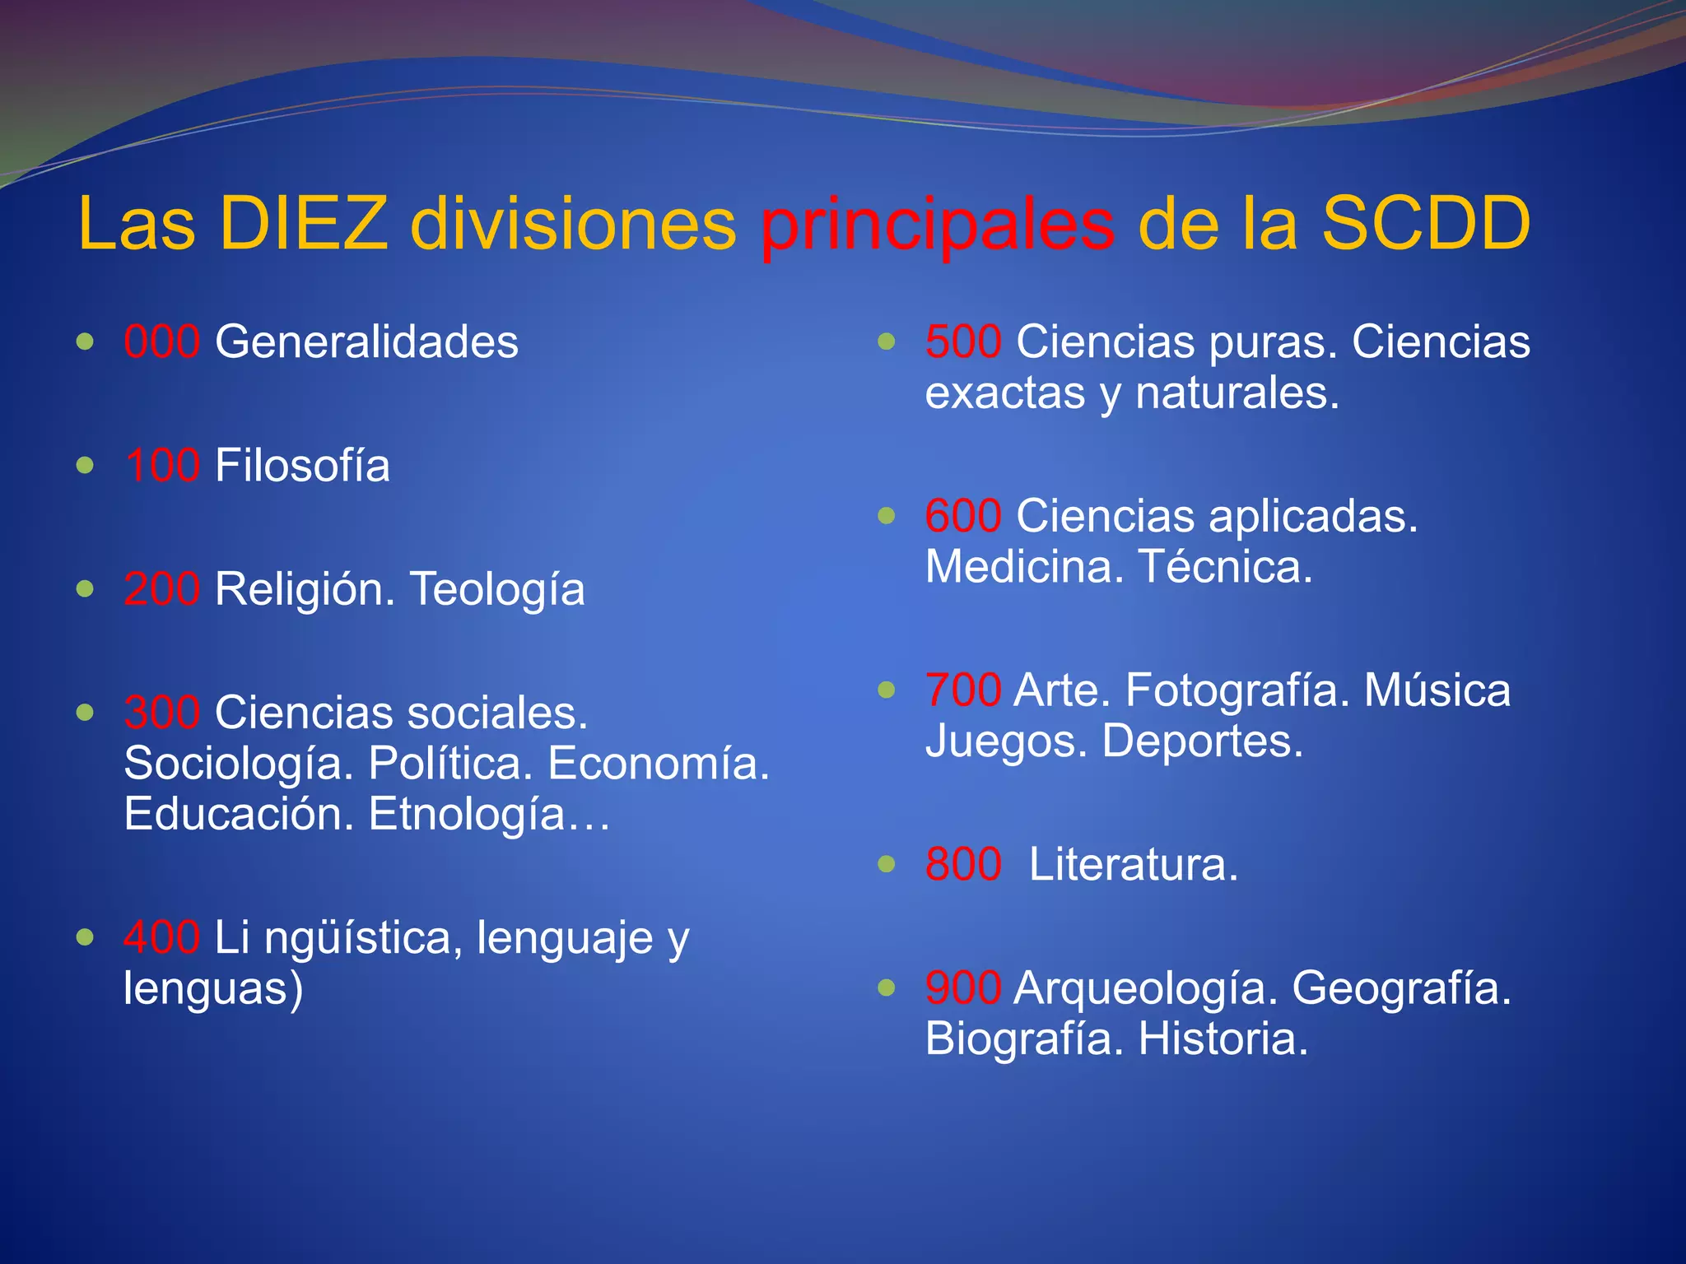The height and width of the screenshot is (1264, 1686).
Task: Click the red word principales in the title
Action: click(938, 225)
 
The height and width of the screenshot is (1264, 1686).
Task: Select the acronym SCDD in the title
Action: click(1426, 223)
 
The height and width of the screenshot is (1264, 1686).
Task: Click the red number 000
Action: click(161, 342)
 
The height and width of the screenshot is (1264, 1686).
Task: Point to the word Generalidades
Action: click(366, 342)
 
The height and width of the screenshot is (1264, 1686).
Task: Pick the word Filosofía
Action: click(302, 465)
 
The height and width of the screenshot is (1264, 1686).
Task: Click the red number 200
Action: click(161, 588)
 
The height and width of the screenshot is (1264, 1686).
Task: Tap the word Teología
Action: click(497, 588)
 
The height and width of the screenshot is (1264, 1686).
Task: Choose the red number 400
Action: click(161, 937)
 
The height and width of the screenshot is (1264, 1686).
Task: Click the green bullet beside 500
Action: click(886, 341)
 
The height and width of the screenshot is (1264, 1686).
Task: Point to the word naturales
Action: click(1237, 393)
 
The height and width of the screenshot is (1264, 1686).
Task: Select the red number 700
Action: click(963, 690)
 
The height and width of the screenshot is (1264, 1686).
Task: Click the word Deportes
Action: click(1202, 741)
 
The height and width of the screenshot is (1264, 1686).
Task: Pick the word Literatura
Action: click(1133, 864)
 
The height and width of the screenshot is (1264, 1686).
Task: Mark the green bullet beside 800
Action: click(886, 863)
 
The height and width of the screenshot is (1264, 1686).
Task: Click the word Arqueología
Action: click(1146, 987)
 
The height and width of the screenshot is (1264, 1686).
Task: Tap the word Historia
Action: click(1223, 1039)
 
